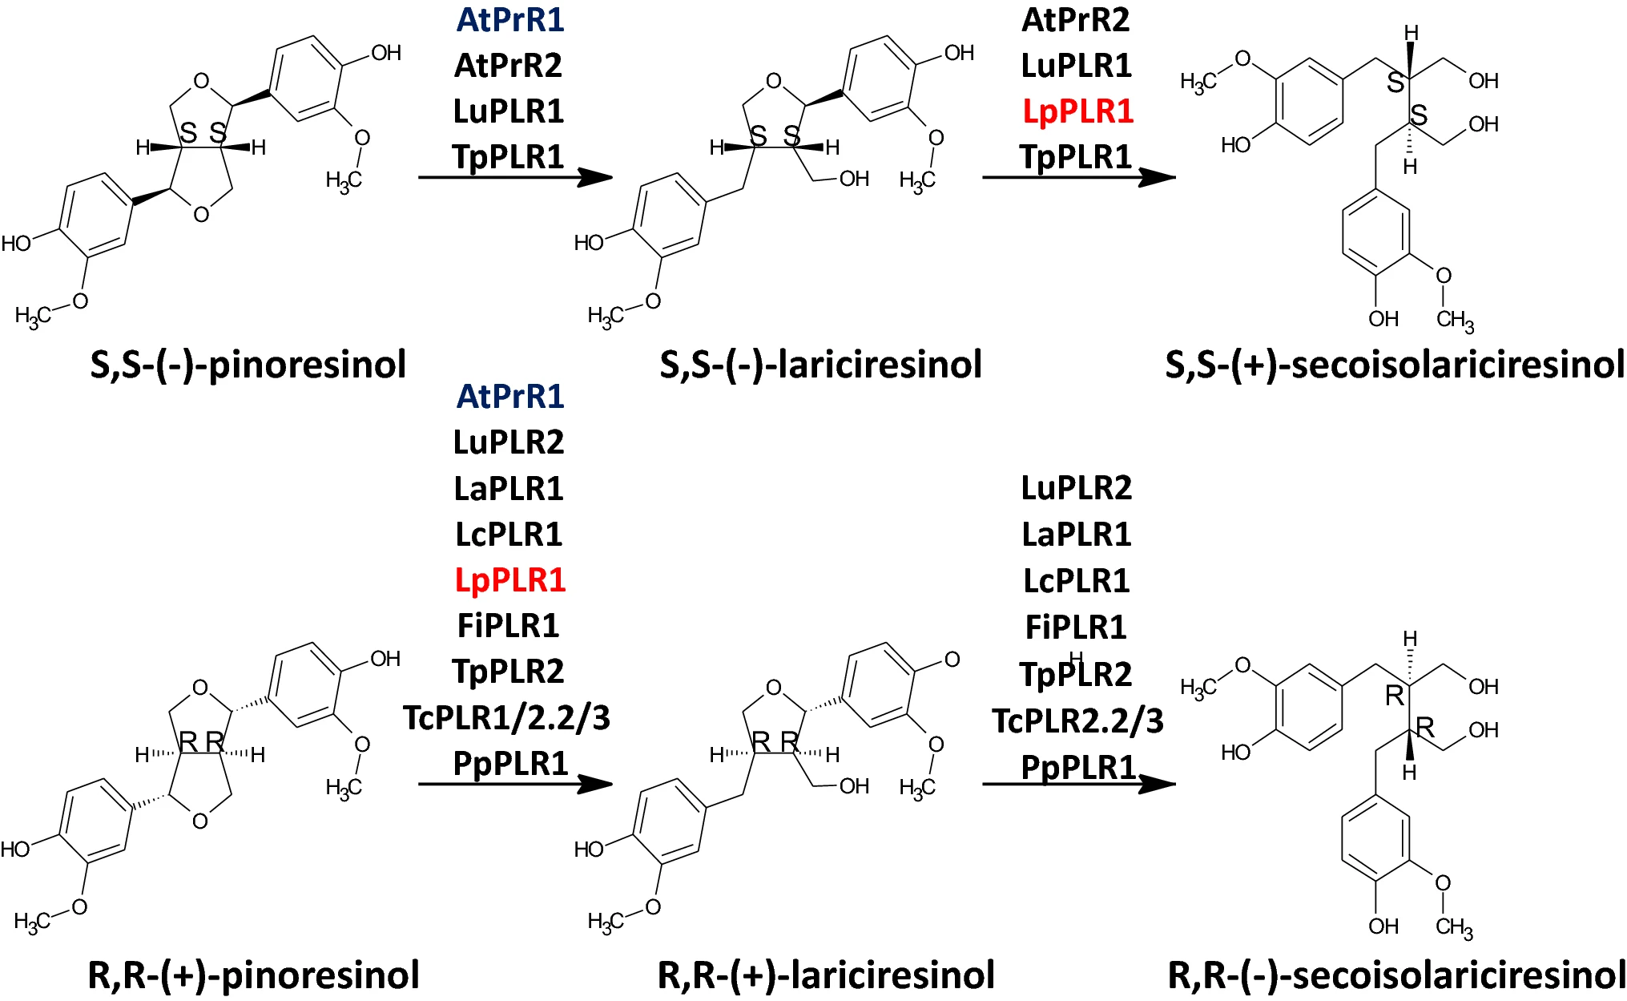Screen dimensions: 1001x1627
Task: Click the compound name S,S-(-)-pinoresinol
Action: pos(248,365)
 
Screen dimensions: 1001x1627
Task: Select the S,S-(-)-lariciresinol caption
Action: pos(820,365)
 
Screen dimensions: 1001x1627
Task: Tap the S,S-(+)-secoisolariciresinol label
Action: pos(1395,365)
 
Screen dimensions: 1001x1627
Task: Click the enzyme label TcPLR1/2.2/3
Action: pos(506,717)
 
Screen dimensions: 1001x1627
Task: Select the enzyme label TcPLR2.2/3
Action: pos(1077,720)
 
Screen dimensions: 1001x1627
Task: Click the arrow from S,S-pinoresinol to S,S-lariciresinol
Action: pos(514,177)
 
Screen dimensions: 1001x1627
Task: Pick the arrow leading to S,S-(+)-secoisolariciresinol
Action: pos(1078,177)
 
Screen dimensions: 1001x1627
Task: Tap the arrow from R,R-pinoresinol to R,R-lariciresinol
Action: pos(514,784)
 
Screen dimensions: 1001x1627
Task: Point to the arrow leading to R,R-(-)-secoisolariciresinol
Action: pos(1078,784)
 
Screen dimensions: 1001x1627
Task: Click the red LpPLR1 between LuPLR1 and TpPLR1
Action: pos(1077,111)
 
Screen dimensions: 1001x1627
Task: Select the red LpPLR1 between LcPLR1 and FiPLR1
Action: pos(509,579)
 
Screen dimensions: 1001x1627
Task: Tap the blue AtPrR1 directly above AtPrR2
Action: pos(510,20)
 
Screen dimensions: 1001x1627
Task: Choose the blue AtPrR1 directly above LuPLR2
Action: pos(510,396)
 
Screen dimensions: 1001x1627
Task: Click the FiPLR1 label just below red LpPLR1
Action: pos(508,625)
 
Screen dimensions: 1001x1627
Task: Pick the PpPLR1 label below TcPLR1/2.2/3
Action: pos(510,763)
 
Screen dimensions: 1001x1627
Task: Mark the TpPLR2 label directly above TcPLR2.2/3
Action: pos(1076,674)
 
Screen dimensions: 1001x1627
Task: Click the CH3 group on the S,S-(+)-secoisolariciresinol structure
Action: pos(1455,321)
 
